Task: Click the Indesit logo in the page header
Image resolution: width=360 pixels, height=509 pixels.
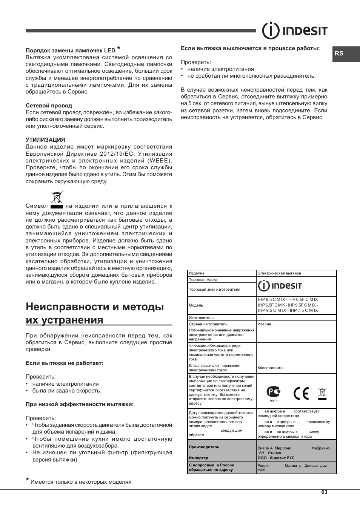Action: pyautogui.click(x=295, y=31)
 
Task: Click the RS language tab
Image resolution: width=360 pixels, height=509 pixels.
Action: pyautogui.click(x=339, y=54)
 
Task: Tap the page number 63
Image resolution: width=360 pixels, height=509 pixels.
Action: pyautogui.click(x=325, y=492)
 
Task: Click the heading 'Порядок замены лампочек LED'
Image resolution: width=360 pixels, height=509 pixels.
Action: pyautogui.click(x=71, y=50)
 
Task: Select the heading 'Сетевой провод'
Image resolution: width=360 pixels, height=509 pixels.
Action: pyautogui.click(x=49, y=106)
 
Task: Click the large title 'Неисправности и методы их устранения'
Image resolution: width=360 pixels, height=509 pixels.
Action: pyautogui.click(x=95, y=313)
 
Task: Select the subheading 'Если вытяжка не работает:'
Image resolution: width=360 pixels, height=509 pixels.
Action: pyautogui.click(x=65, y=363)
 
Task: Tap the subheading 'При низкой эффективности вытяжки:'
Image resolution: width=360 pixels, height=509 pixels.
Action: pyautogui.click(x=80, y=404)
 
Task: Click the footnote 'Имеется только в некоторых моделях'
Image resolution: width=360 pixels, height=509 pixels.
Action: pyautogui.click(x=81, y=482)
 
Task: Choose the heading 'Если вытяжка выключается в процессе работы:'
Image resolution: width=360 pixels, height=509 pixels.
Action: pyautogui.click(x=250, y=48)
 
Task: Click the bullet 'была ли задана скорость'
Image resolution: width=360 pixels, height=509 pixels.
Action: pyautogui.click(x=67, y=391)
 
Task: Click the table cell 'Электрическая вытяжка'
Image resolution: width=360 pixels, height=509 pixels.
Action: pyautogui.click(x=279, y=273)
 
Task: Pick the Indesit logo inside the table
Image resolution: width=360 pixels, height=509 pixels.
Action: pyautogui.click(x=280, y=286)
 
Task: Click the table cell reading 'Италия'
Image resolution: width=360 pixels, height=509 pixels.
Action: pyautogui.click(x=264, y=324)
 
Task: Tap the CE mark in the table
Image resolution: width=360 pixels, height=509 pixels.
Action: pyautogui.click(x=301, y=393)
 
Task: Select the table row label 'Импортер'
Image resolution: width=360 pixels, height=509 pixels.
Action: pyautogui.click(x=198, y=458)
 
